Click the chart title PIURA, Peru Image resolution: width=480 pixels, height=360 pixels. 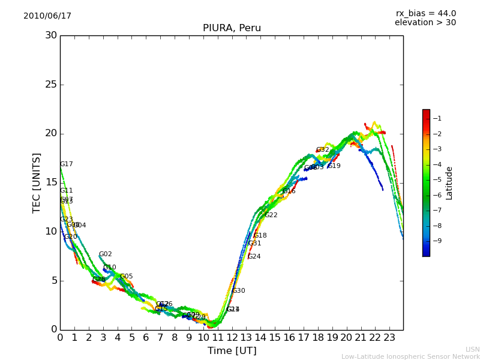click(232, 28)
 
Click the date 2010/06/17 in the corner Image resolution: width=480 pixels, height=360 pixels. click(47, 16)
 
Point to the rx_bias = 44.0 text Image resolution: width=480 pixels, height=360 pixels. click(425, 14)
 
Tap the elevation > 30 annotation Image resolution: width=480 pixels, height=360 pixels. click(425, 23)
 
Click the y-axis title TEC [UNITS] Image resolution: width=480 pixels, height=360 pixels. click(37, 182)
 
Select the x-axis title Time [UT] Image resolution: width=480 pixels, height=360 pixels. click(232, 351)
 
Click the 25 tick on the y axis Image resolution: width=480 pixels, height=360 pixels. click(51, 85)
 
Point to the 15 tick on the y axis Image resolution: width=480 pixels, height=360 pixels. click(51, 182)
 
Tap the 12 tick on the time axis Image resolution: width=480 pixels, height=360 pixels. click(232, 338)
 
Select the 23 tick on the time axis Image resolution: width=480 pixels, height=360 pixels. click(389, 338)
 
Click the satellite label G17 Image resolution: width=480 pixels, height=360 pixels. click(67, 164)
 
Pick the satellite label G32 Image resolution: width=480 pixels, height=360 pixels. click(323, 150)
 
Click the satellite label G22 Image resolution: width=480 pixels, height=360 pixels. click(271, 215)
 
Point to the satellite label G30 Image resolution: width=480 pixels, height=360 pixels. click(239, 291)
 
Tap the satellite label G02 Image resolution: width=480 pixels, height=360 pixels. click(106, 254)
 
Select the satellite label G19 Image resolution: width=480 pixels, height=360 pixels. click(334, 166)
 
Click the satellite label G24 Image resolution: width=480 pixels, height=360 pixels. click(254, 257)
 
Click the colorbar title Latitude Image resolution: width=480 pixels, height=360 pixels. click(449, 183)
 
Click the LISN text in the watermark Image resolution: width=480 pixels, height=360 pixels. click(473, 350)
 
